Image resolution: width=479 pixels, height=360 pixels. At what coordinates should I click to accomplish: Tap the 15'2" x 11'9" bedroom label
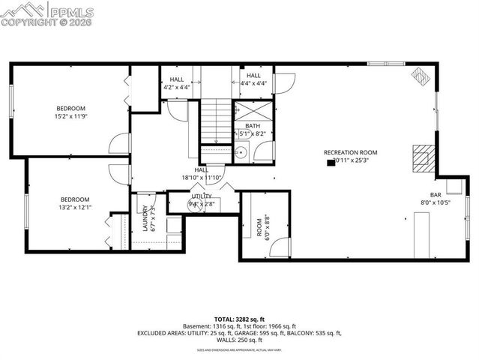(71, 111)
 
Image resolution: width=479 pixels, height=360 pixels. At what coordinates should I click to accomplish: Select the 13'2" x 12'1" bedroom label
(74, 203)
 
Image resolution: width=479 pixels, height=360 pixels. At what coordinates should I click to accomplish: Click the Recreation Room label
(350, 156)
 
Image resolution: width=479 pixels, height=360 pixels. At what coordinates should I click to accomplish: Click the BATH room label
(253, 130)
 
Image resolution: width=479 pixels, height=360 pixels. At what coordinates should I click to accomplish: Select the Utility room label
(201, 199)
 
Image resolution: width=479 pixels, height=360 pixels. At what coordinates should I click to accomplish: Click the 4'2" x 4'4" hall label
(177, 83)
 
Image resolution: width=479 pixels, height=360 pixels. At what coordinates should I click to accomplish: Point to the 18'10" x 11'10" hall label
(201, 174)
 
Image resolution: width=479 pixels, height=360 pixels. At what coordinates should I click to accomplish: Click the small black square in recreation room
(331, 162)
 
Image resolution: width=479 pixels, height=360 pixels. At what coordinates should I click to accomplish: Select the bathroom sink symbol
(241, 152)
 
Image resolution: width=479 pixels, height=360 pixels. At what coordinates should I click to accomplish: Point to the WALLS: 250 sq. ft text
(240, 340)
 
